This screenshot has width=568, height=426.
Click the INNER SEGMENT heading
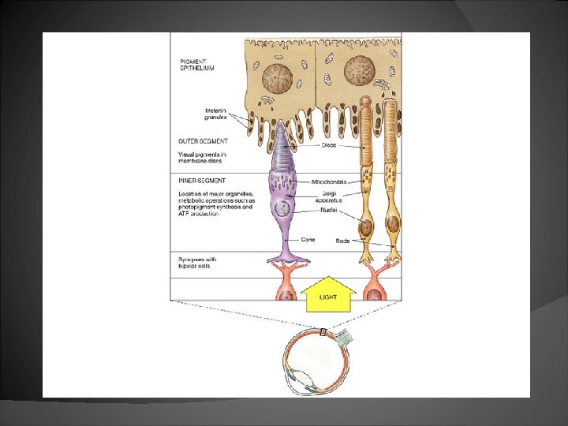(203, 181)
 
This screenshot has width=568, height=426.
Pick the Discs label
(329, 145)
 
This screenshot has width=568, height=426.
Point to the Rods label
(342, 241)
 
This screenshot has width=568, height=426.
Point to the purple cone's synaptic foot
(287, 257)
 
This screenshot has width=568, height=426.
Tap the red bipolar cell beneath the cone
(286, 289)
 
